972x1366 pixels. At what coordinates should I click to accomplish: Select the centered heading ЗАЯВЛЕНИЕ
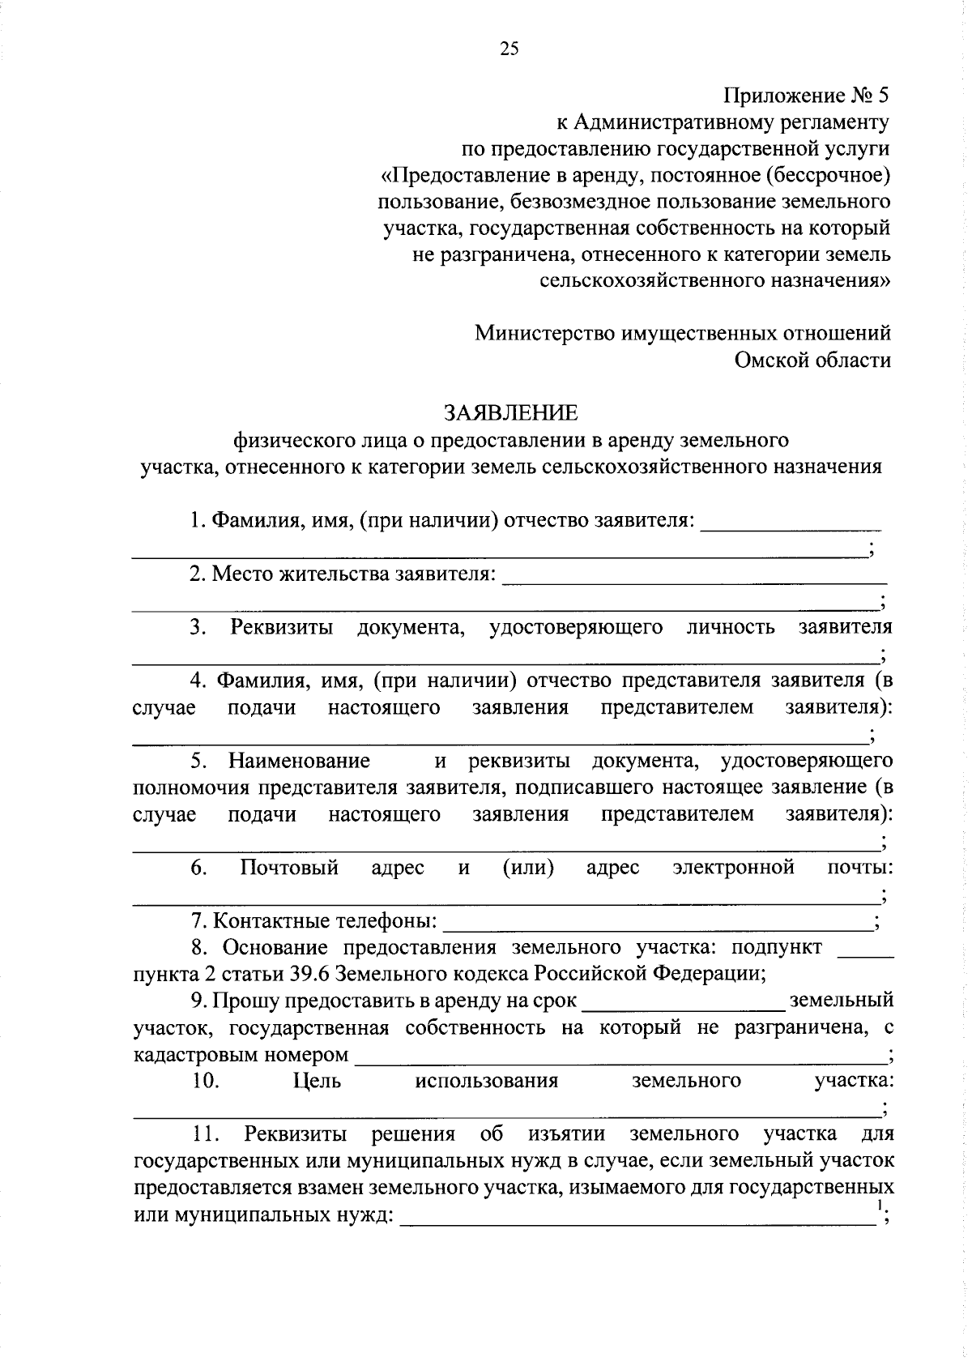pyautogui.click(x=510, y=412)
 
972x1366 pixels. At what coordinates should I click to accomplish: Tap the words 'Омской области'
pyautogui.click(x=812, y=360)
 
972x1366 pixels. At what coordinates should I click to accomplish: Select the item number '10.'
pyautogui.click(x=206, y=1081)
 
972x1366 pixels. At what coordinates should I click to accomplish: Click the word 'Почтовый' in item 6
pyautogui.click(x=289, y=868)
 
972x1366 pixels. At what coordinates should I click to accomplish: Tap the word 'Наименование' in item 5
pyautogui.click(x=299, y=761)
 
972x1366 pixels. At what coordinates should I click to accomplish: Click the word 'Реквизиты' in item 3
pyautogui.click(x=281, y=627)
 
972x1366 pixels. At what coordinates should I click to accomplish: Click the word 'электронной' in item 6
pyautogui.click(x=733, y=868)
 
